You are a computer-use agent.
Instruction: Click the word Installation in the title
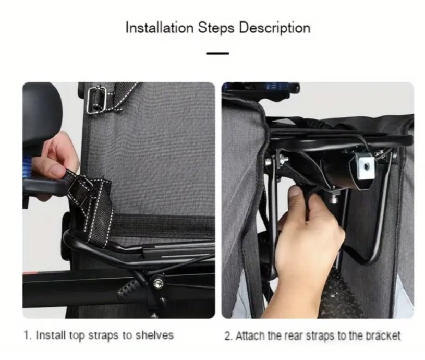pyautogui.click(x=160, y=28)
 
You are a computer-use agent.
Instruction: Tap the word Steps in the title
pyautogui.click(x=216, y=28)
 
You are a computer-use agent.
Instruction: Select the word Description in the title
pyautogui.click(x=275, y=28)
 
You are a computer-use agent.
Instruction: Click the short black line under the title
pyautogui.click(x=217, y=53)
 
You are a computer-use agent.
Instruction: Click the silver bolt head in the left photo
pyautogui.click(x=158, y=283)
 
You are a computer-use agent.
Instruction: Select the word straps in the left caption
pyautogui.click(x=104, y=336)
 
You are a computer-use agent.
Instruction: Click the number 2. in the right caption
pyautogui.click(x=228, y=336)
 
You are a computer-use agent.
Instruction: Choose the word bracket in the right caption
pyautogui.click(x=383, y=336)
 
